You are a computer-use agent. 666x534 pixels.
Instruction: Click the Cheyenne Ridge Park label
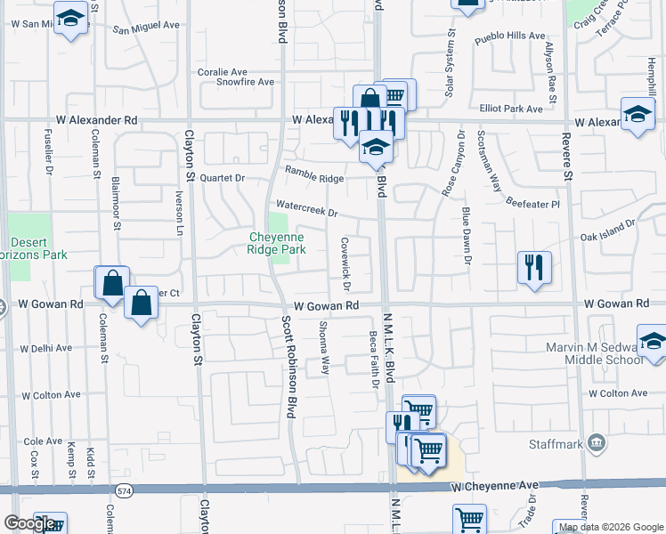(x=276, y=243)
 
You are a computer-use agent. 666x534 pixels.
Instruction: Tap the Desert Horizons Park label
(x=36, y=248)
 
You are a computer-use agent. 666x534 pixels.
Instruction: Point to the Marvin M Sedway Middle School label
(x=591, y=352)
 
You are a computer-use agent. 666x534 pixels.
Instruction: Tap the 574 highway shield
(x=124, y=490)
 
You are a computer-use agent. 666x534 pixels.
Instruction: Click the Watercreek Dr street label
(x=306, y=208)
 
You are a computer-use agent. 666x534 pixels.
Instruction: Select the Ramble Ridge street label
(x=313, y=174)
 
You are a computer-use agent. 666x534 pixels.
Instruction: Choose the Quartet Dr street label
(x=223, y=177)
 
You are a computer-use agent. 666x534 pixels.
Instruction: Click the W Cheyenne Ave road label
(x=495, y=486)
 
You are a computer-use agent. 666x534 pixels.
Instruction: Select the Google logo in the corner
(x=29, y=523)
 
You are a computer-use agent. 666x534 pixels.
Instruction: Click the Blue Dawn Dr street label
(x=466, y=236)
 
